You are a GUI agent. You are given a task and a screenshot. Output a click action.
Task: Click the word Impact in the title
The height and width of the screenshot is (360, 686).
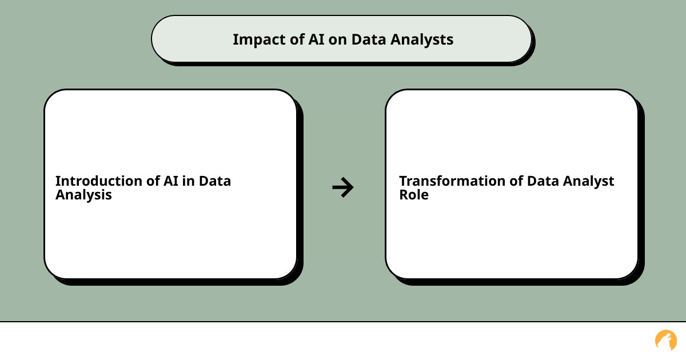tap(260, 40)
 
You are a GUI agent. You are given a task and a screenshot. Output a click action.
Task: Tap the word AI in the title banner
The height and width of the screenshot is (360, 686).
tap(316, 39)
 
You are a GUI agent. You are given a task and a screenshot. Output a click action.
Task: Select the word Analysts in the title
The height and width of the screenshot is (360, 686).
tap(422, 40)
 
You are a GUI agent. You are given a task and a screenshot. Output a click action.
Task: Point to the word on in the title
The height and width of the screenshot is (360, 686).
tap(337, 41)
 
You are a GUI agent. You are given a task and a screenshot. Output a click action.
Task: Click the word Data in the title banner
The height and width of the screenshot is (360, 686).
tap(369, 39)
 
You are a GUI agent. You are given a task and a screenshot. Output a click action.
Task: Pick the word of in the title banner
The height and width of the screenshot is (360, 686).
tap(297, 39)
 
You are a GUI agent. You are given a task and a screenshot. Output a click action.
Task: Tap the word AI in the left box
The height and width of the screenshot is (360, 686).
tap(171, 181)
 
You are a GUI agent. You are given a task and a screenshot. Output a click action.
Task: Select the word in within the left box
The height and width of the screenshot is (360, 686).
tap(188, 181)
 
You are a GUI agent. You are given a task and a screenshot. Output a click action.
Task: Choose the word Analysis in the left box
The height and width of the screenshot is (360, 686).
tap(83, 195)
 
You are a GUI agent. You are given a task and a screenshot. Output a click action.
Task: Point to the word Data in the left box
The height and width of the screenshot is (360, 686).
tap(215, 181)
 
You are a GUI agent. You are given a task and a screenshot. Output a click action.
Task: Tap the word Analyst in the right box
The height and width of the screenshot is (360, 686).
tap(589, 182)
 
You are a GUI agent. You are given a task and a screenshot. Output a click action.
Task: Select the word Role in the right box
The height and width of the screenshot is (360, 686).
tap(414, 195)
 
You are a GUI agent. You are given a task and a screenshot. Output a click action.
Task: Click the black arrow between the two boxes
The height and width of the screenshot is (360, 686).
tap(343, 187)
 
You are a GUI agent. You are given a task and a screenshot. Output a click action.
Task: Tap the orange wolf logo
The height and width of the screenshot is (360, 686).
tap(666, 340)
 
